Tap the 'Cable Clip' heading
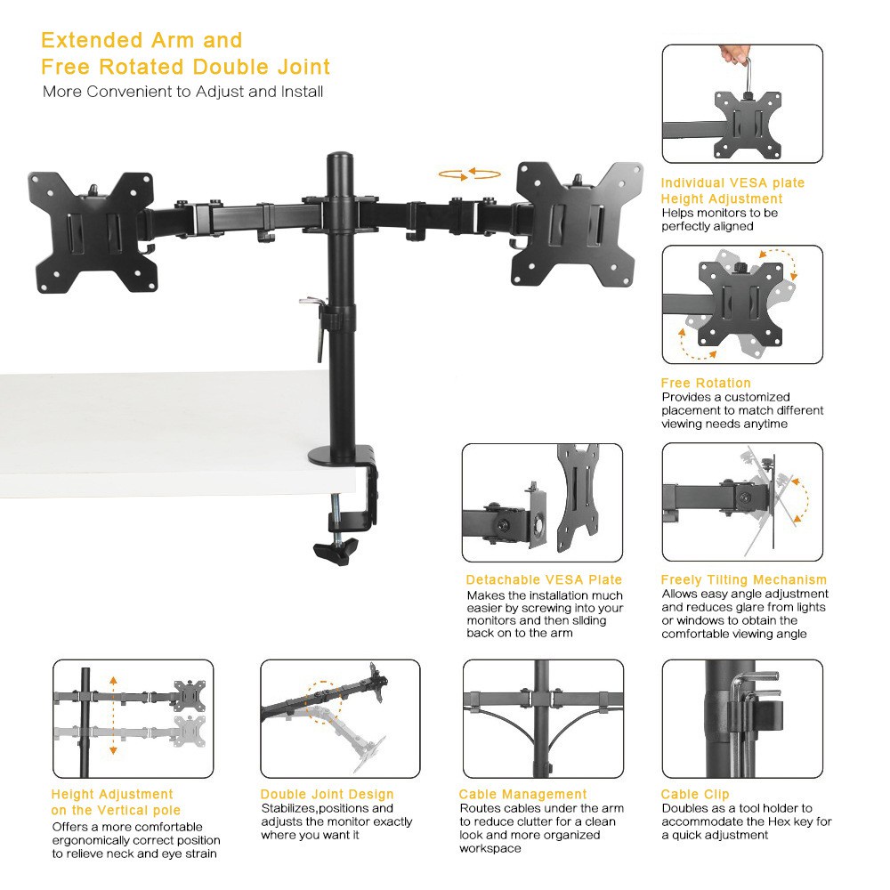click(694, 794)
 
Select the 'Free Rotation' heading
click(705, 383)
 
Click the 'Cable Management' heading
click(522, 794)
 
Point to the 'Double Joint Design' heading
click(327, 794)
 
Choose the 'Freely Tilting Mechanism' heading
click(743, 579)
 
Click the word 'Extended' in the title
click(92, 40)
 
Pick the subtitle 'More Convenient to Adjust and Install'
click(182, 92)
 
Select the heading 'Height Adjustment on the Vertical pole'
click(115, 802)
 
